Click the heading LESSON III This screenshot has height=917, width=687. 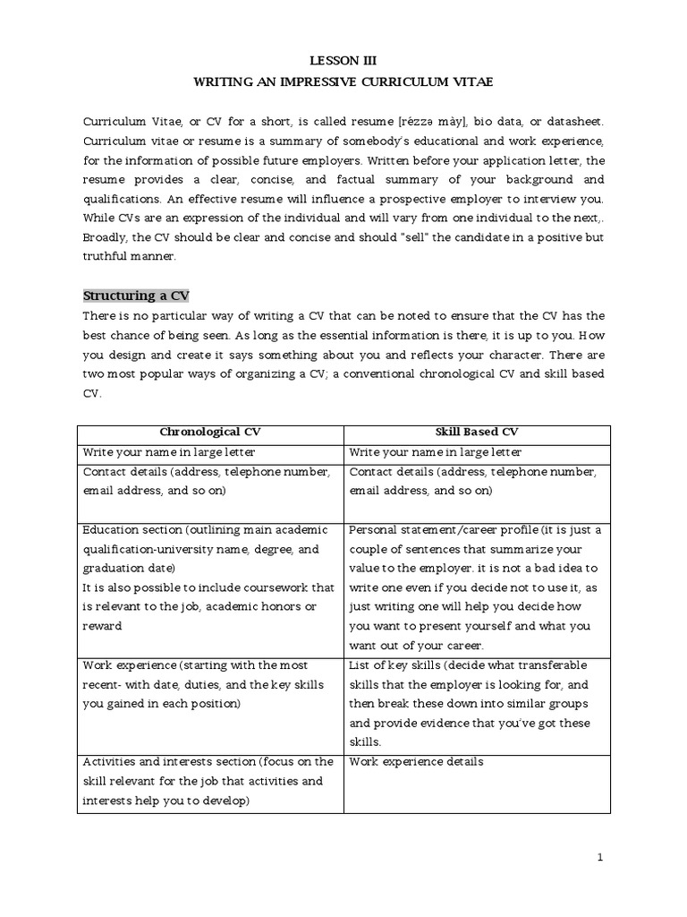(x=343, y=61)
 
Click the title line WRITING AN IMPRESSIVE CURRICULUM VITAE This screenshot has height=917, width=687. (x=343, y=81)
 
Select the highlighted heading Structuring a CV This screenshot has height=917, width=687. (x=136, y=296)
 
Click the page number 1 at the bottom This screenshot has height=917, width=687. (x=600, y=857)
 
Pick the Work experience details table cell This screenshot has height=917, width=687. (x=416, y=762)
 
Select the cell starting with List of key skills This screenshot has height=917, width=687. (x=476, y=704)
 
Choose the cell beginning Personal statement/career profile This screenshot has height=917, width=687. (x=476, y=587)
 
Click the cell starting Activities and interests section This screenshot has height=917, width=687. (x=209, y=781)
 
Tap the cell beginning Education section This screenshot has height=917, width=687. (x=209, y=578)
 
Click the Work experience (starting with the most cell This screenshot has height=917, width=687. (x=209, y=685)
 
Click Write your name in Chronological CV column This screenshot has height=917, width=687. (x=170, y=452)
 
